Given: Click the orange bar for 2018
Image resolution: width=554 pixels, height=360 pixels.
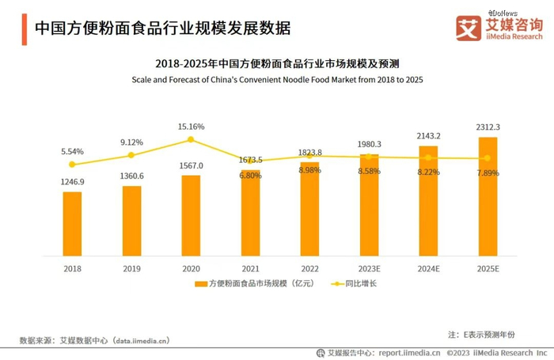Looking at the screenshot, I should [72, 225].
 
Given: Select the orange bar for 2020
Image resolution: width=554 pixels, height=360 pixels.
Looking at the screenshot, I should [191, 216].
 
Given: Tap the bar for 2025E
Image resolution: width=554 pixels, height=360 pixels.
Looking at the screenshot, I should [488, 197].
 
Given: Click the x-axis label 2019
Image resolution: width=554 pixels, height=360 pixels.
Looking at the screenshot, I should [131, 269].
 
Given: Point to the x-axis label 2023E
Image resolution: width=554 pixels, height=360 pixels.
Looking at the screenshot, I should [369, 269].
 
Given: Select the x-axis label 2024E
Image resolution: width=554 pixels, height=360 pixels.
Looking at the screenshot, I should [428, 269].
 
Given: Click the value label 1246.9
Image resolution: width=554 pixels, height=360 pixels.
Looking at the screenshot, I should [72, 182].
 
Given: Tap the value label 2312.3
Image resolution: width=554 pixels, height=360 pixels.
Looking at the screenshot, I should [488, 127].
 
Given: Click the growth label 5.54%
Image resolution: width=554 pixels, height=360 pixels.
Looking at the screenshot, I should [72, 150].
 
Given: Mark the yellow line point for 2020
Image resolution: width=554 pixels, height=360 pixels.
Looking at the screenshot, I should [191, 140].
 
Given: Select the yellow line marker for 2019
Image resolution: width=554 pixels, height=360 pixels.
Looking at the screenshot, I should [131, 156].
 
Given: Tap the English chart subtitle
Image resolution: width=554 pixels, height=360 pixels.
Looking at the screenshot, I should [276, 80].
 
